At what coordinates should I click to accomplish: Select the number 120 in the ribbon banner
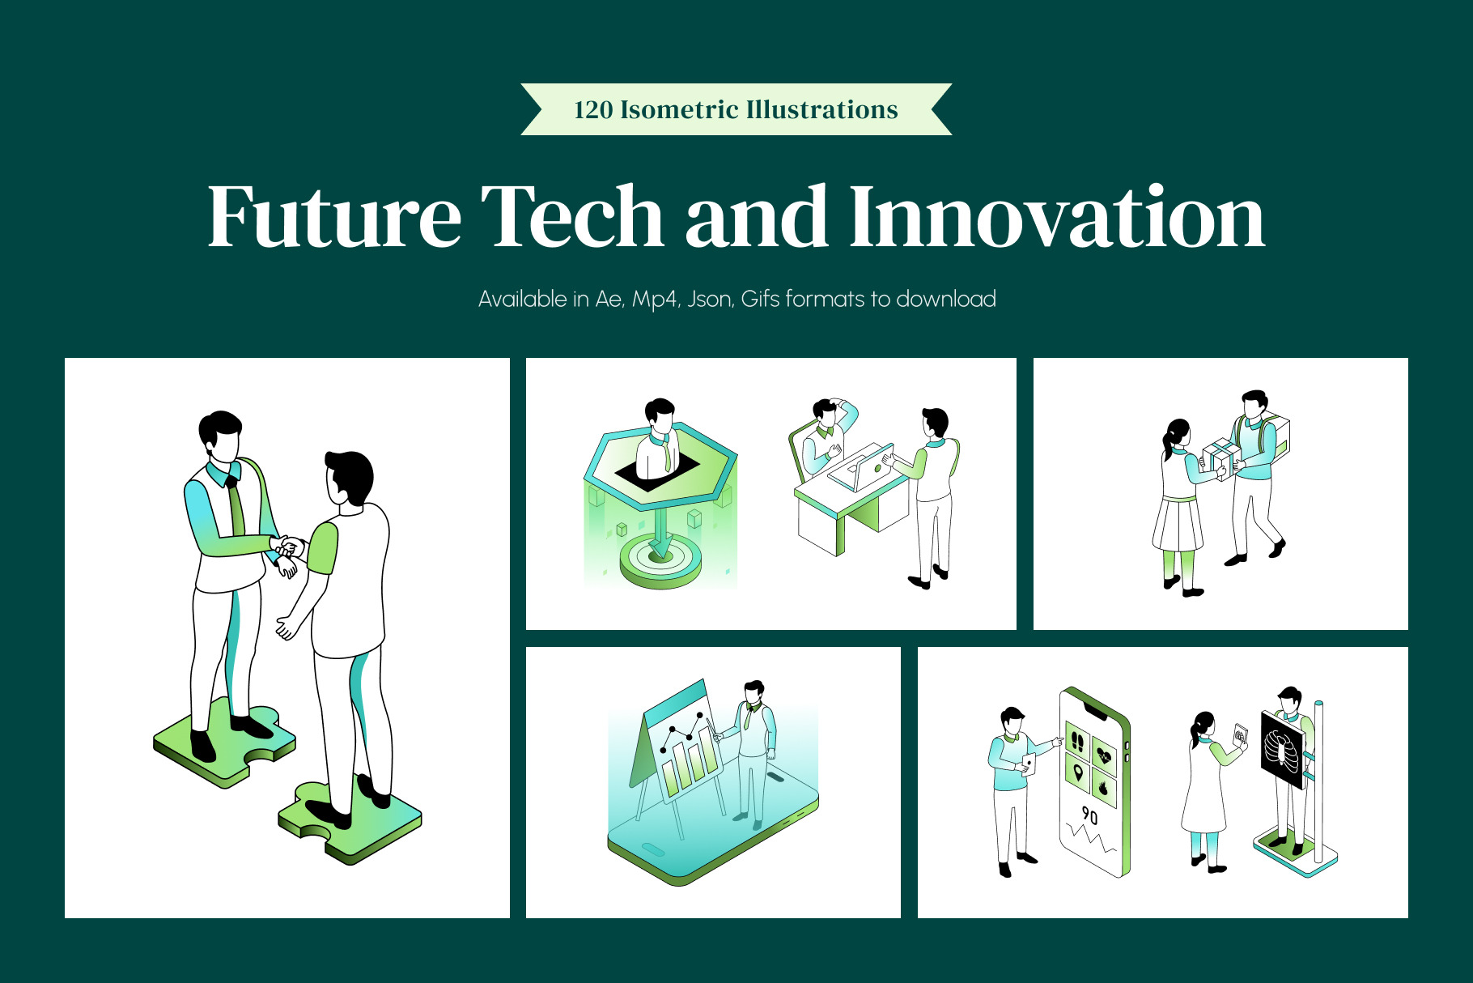coord(593,110)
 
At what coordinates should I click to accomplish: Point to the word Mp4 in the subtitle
coord(654,300)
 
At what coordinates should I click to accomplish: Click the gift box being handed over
coord(1221,459)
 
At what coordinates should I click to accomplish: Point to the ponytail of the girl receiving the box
coord(1168,441)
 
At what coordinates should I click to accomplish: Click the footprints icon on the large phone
coord(1077,741)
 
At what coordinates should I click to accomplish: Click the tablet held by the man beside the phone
coord(1029,764)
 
